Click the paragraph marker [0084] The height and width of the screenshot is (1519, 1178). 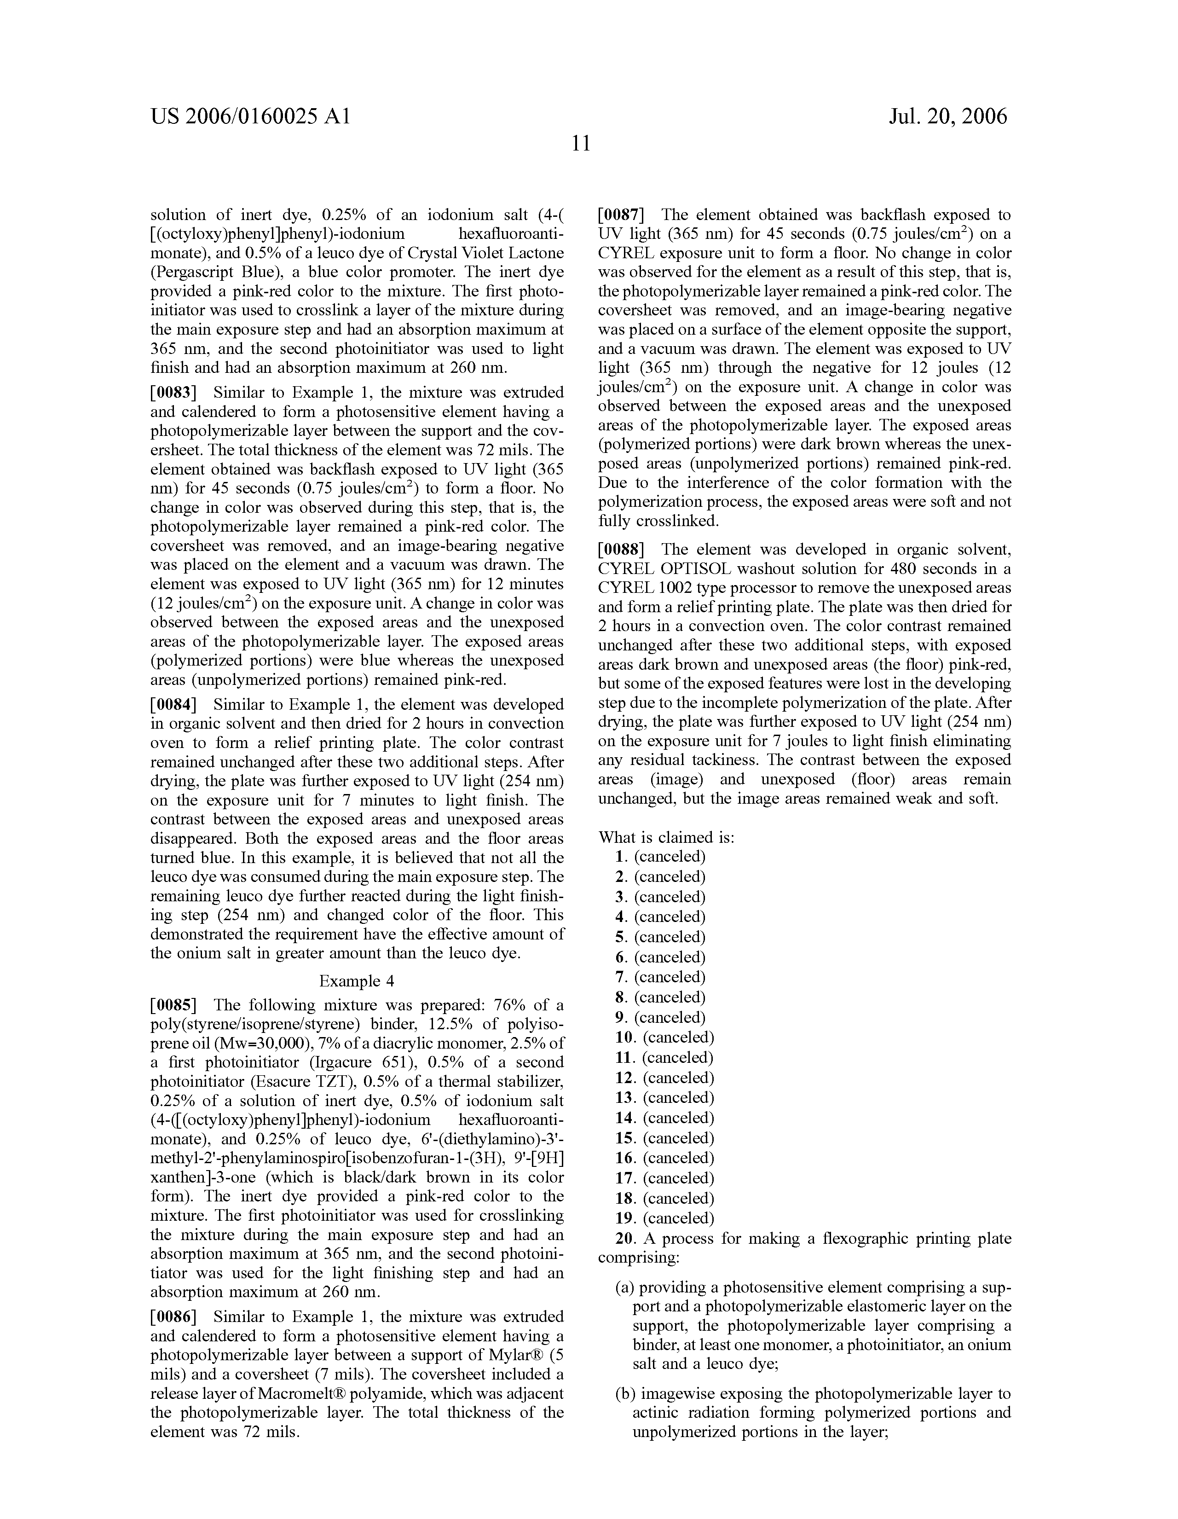(x=173, y=705)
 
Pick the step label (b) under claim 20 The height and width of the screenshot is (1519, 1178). (x=624, y=1394)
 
